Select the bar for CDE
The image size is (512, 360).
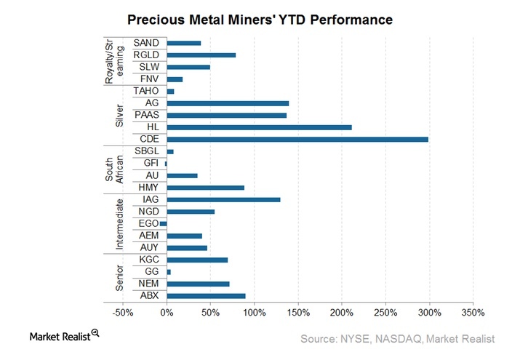tap(297, 139)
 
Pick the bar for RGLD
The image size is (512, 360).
tap(201, 55)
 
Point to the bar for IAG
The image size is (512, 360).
tap(223, 199)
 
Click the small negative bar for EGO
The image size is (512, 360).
tap(164, 223)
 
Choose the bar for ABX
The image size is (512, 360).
tap(206, 295)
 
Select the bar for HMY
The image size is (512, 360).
tap(205, 188)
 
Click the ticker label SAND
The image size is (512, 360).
tap(147, 43)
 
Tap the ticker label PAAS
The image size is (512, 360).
tap(147, 115)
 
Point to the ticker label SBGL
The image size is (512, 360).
tap(147, 151)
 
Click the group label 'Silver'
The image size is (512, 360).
tap(120, 115)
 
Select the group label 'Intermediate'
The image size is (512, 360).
tap(120, 223)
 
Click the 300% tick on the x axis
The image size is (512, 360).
tap(429, 313)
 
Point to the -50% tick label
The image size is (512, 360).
tap(123, 313)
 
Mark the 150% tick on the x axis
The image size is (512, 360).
tap(297, 313)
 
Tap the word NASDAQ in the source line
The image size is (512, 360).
tap(401, 339)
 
